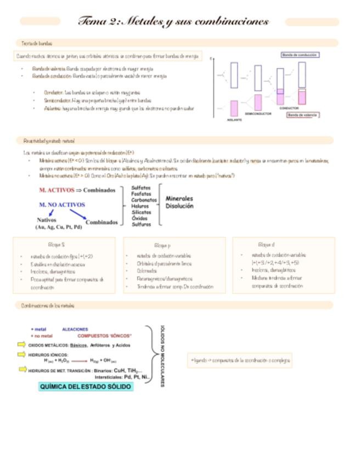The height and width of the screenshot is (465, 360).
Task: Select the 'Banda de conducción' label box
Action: pos(300,55)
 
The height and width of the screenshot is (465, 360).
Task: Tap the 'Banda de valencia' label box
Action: pos(303,115)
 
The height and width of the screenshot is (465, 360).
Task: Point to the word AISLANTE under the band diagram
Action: pos(234,120)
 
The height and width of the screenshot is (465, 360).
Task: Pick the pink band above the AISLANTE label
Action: pos(234,107)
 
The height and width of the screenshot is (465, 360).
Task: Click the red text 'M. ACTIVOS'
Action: pos(57,190)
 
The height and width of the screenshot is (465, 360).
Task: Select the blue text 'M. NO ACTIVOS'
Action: pos(62,205)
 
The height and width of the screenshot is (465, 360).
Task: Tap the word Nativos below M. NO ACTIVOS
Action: pos(47,220)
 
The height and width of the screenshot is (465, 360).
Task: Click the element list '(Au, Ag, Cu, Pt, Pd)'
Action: pos(58,226)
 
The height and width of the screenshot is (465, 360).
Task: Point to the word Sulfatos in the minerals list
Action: pos(141,188)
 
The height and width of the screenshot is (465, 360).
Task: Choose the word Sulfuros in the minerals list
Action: pos(141,224)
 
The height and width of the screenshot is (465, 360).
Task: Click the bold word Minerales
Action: pos(179,199)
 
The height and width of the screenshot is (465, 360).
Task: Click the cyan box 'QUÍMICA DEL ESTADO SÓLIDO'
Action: pos(86,387)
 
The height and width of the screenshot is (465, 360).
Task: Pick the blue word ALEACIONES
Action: pos(75,330)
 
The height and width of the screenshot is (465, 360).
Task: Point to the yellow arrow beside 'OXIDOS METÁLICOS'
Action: pos(21,345)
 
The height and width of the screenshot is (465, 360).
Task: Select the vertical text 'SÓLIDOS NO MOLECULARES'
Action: pos(162,356)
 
